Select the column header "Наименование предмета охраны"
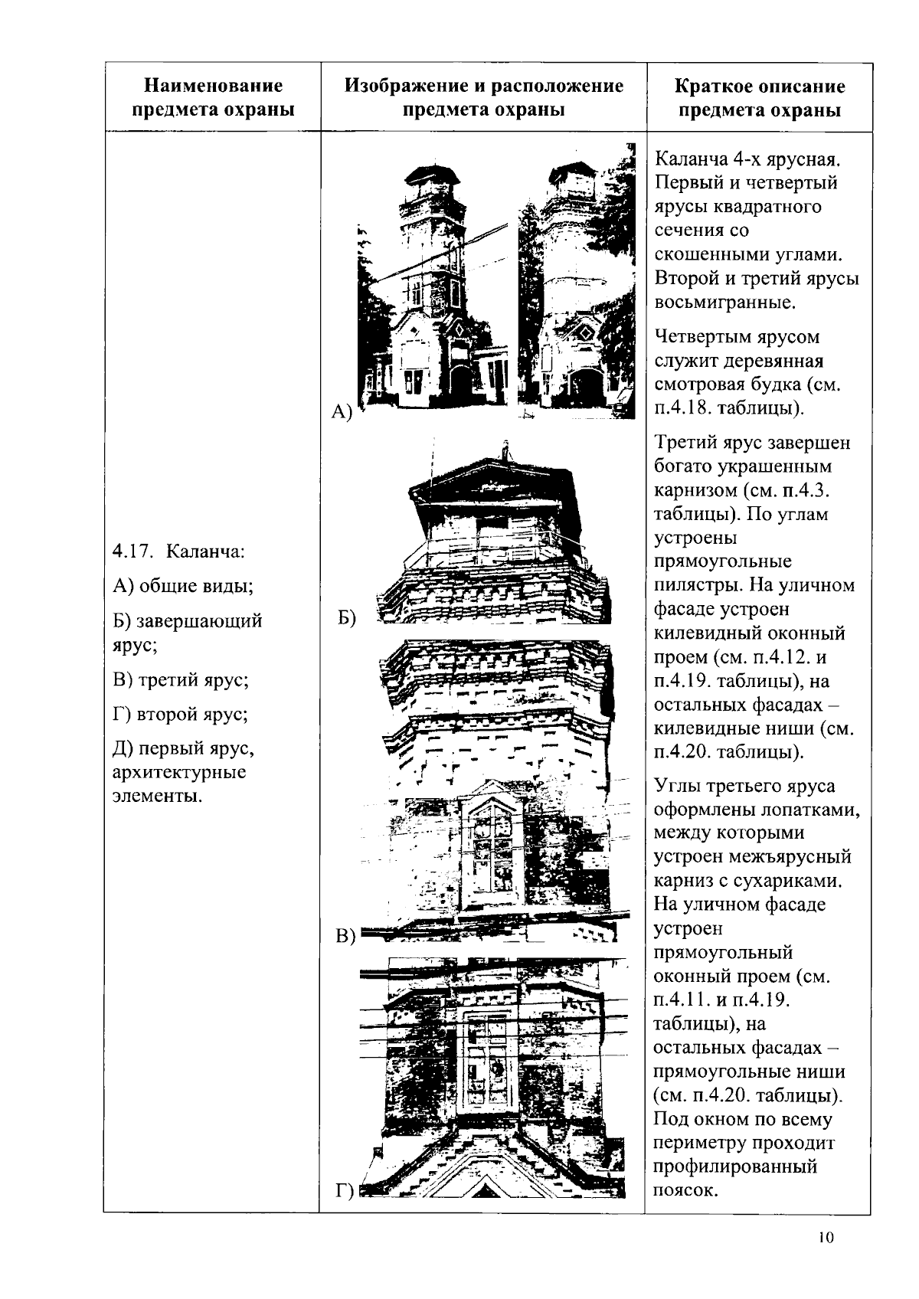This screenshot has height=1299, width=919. [x=213, y=97]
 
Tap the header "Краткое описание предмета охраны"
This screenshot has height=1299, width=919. [x=759, y=98]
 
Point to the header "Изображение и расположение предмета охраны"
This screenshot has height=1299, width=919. [x=483, y=97]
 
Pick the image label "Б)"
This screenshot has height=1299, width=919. [x=347, y=617]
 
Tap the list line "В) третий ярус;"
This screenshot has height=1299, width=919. [x=181, y=680]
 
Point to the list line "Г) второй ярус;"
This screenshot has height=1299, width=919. [x=180, y=715]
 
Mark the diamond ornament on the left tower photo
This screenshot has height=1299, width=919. [x=456, y=329]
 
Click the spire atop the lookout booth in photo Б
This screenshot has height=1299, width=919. [x=504, y=449]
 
